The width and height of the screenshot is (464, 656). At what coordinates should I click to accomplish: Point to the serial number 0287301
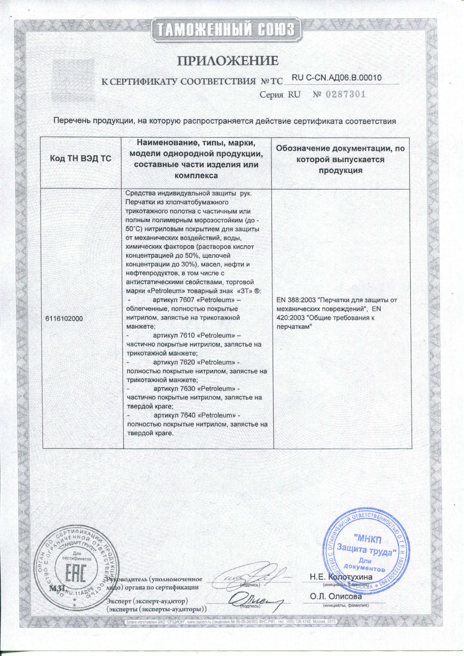click(x=346, y=95)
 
